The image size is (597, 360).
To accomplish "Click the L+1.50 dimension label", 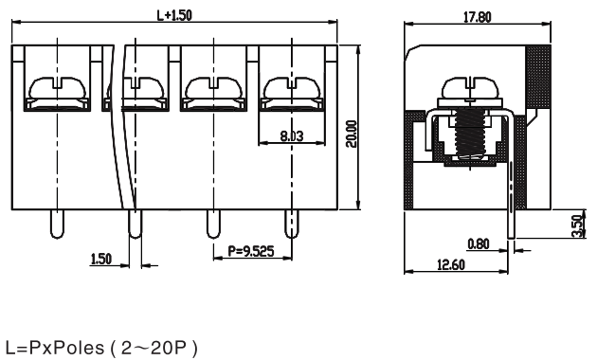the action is click(174, 15).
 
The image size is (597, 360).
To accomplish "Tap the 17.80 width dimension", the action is click(477, 17).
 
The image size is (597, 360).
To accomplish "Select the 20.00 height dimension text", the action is click(352, 134).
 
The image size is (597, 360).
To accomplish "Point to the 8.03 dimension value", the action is click(292, 135).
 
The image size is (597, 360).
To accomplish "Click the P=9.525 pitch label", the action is click(251, 251).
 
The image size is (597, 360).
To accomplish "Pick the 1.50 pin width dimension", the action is click(100, 259).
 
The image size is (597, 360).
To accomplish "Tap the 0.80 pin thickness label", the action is click(479, 243).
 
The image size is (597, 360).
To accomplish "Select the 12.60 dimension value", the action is click(451, 264).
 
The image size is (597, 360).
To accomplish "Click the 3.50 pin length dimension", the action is click(578, 226).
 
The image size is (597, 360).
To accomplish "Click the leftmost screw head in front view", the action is click(58, 87).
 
